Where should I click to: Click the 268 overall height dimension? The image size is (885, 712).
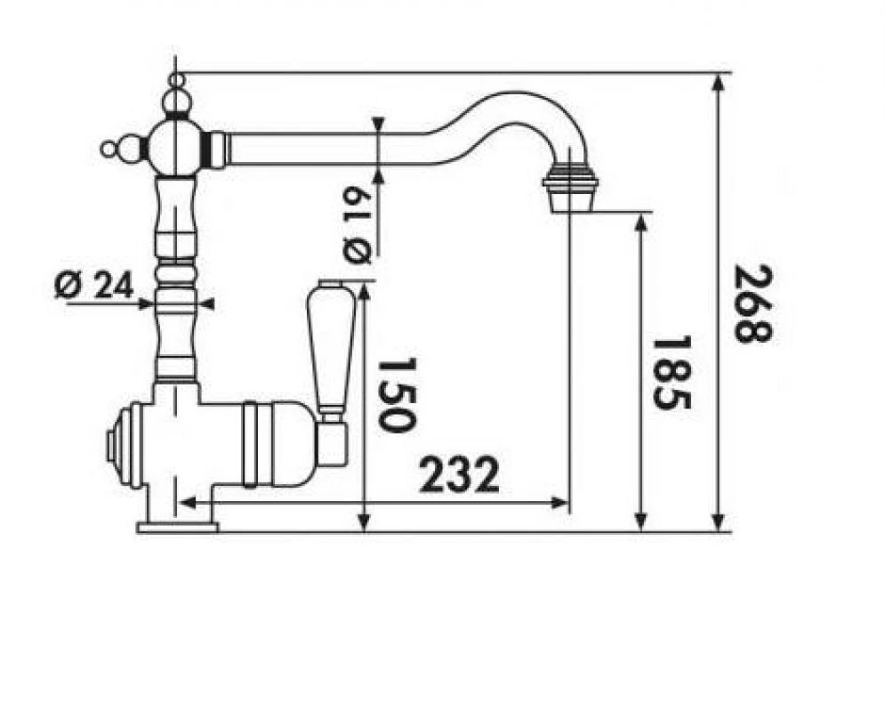click(753, 303)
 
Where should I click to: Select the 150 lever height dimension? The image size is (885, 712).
click(396, 394)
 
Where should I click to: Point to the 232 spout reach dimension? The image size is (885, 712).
click(459, 474)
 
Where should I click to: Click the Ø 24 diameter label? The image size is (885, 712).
click(93, 285)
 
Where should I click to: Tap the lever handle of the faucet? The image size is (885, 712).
click(331, 350)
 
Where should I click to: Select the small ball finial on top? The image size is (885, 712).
click(177, 79)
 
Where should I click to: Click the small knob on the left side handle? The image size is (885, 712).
click(109, 149)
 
